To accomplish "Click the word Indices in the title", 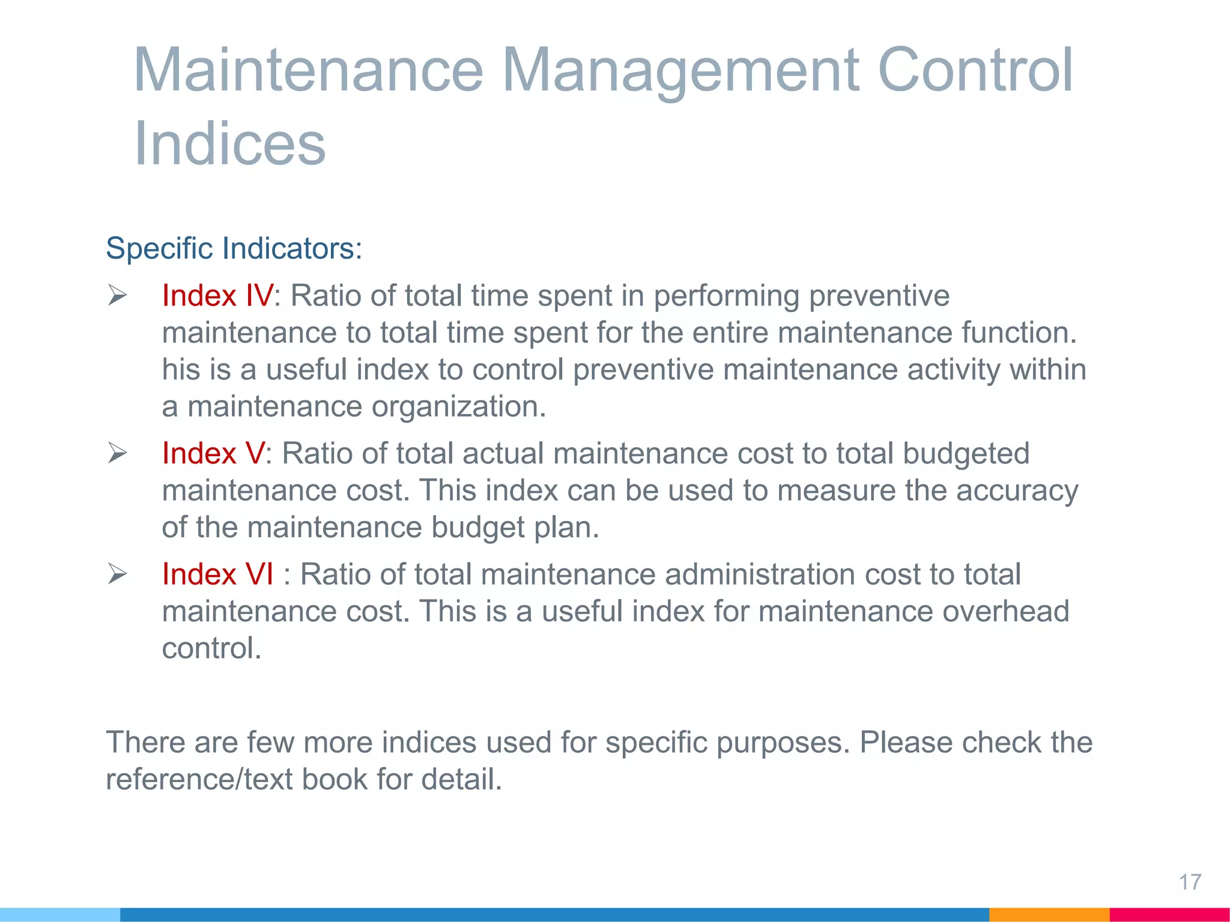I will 229,144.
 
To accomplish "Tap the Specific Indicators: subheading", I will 234,249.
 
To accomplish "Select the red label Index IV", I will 217,296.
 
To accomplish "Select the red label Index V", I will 213,453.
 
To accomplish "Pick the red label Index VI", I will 217,574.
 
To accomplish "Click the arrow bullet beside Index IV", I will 117,295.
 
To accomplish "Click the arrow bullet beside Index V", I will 117,453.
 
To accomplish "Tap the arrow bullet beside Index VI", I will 117,574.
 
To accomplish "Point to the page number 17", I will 1190,882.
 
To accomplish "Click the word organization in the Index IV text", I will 458,407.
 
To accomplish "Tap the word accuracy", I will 1017,491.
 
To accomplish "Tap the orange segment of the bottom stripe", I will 1049,914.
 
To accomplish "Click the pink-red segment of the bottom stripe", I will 1169,914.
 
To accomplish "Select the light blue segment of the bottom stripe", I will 60,914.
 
